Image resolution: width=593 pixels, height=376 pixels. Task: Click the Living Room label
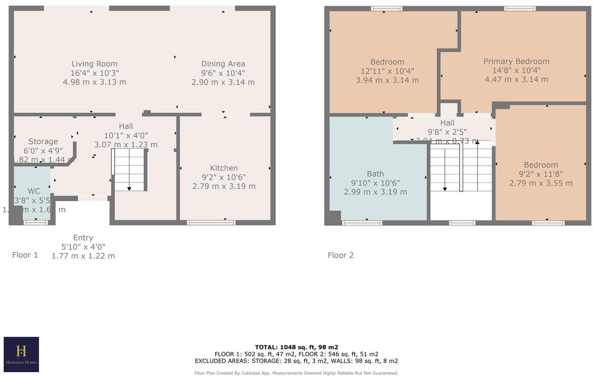point(94,64)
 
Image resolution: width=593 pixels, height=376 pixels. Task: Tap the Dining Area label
point(223,64)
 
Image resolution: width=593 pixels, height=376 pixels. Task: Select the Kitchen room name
point(224,168)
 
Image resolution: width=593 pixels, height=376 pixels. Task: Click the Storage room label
point(43,142)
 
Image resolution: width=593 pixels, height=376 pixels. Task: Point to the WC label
point(34,191)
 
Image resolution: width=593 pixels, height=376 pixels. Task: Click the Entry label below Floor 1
point(83,238)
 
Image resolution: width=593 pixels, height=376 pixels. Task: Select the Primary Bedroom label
point(516,61)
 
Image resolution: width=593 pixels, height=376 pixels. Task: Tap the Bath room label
point(375,174)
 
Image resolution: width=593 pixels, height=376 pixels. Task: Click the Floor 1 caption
point(25,255)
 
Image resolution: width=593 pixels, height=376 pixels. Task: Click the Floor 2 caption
point(340,255)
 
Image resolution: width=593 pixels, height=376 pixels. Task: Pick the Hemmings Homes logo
point(21,354)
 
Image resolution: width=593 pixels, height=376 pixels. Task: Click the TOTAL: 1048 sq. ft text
point(296,347)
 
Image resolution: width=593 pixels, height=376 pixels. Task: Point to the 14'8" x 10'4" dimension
point(516,70)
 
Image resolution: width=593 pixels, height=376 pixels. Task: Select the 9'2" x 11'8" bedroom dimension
point(541,174)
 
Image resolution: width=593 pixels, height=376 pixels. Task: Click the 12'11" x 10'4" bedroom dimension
point(387,71)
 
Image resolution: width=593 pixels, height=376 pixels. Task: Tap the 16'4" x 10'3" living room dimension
point(94,73)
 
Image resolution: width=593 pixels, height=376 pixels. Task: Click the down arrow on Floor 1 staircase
point(130,188)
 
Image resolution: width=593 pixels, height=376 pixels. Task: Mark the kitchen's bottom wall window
point(211,223)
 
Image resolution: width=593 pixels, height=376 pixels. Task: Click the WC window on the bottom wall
point(36,222)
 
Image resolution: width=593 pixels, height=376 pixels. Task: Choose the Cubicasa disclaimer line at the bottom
point(296,373)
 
